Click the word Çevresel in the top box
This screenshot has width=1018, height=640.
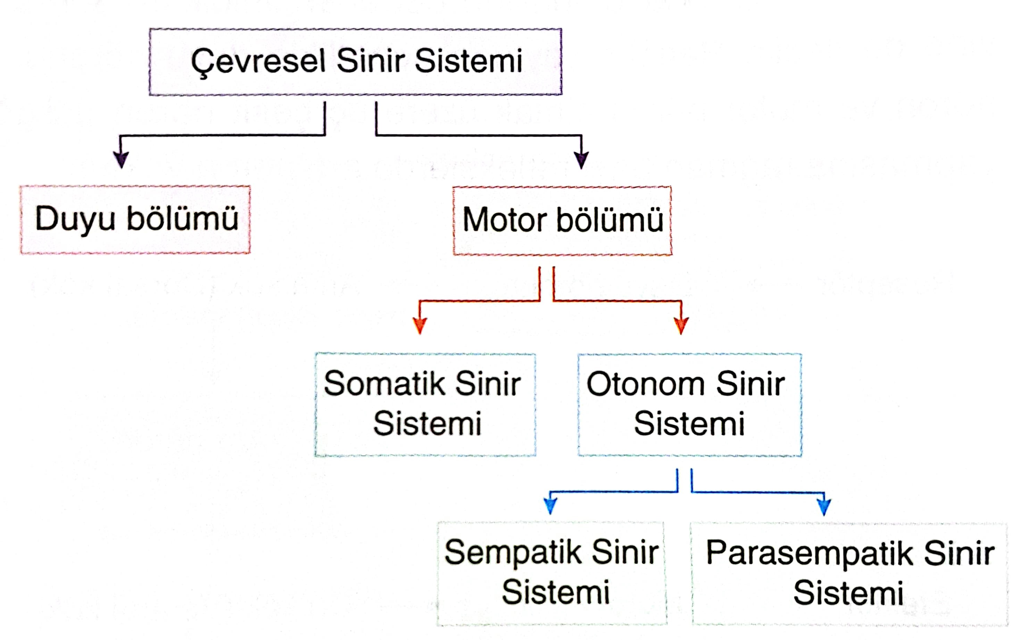tap(258, 62)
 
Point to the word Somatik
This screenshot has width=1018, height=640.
tap(384, 384)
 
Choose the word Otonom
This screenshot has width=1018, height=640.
tap(645, 384)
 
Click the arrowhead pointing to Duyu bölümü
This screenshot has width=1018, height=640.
tap(121, 160)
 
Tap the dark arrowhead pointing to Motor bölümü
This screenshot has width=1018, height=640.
tap(581, 161)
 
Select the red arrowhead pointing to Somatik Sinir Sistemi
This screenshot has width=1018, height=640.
tap(419, 326)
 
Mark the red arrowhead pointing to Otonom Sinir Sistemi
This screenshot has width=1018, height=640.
tap(681, 326)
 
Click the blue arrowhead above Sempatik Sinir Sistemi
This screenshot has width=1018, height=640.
tap(550, 506)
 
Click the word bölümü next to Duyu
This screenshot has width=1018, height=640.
tap(183, 219)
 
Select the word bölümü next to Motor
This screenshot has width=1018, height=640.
tap(610, 220)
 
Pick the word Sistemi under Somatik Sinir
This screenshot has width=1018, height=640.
tap(427, 423)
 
